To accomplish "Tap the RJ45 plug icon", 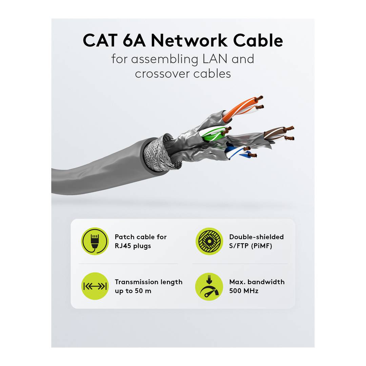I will (x=95, y=241).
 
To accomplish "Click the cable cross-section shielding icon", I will (x=209, y=241).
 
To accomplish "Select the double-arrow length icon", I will (x=95, y=286).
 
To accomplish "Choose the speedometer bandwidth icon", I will (x=209, y=286).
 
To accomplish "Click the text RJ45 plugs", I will (x=133, y=246).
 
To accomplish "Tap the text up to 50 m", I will (x=133, y=291).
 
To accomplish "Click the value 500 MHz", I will (x=244, y=291).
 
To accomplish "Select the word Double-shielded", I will (x=256, y=237).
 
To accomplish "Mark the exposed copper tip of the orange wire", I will (x=260, y=98).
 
